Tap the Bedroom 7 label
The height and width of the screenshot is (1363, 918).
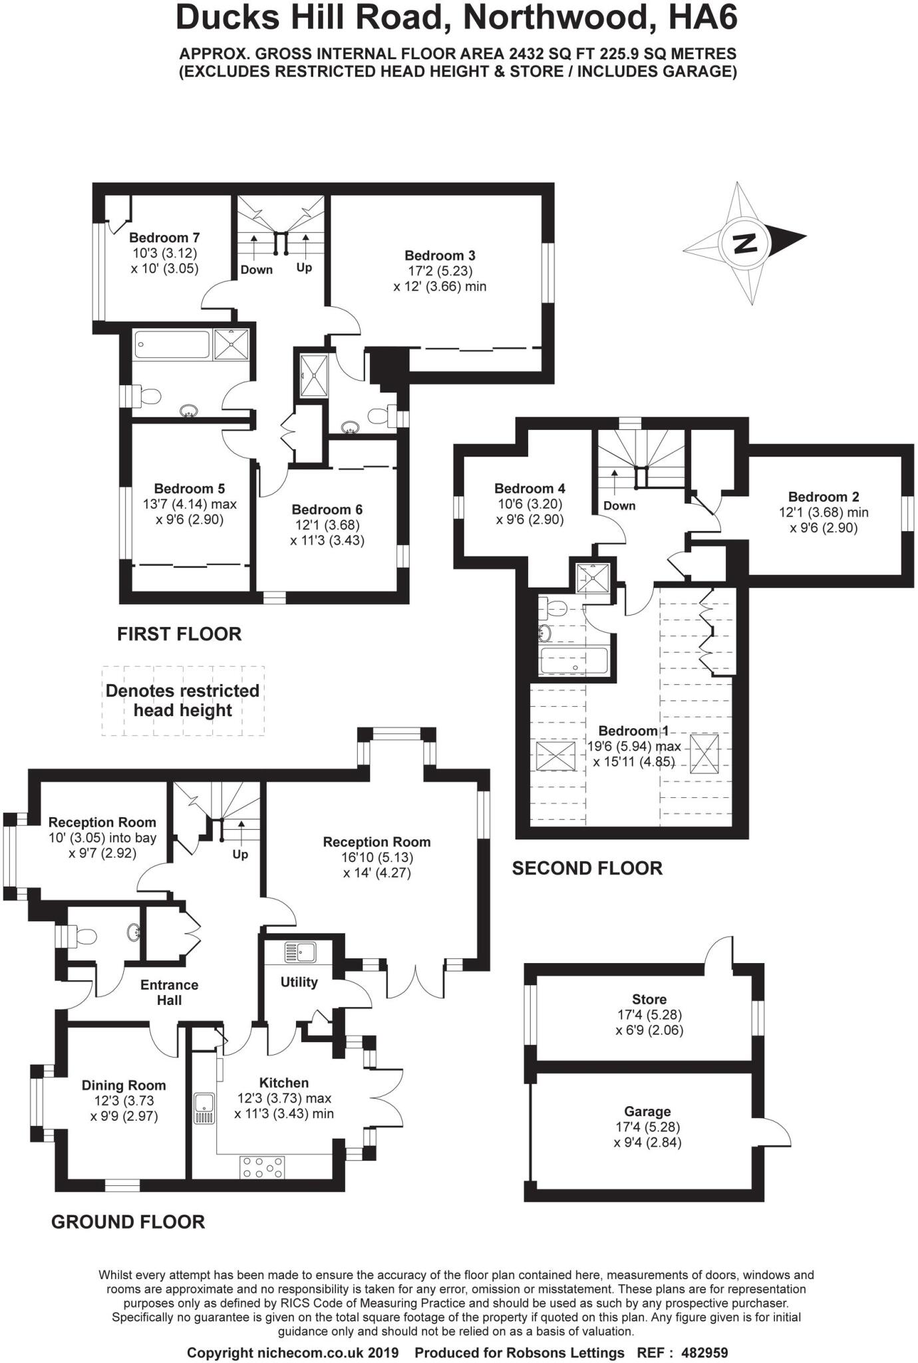[x=164, y=238]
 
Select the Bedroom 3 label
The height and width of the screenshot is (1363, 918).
[x=440, y=256]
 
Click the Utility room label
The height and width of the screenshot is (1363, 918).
[x=299, y=982]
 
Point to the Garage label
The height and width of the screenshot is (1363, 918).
[x=647, y=1111]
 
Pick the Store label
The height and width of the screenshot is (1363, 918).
[x=649, y=999]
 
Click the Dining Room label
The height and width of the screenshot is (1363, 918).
[x=124, y=1085]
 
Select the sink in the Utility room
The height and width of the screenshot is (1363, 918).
[x=299, y=952]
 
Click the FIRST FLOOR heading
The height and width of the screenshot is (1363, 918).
[x=180, y=634]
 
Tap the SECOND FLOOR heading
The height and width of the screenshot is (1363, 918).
[x=587, y=869]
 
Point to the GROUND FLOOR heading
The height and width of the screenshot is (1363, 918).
[x=128, y=1222]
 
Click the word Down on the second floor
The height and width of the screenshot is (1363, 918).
[x=619, y=506]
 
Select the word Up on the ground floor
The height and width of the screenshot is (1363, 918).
[x=240, y=854]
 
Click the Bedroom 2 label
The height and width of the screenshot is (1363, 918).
[x=824, y=497]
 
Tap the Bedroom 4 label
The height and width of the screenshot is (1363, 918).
[x=530, y=488]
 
